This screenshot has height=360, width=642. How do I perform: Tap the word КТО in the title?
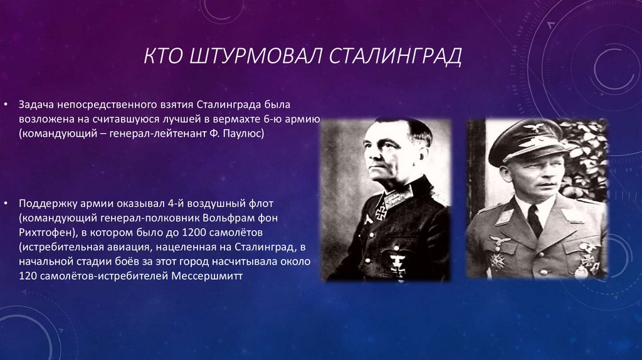(162, 56)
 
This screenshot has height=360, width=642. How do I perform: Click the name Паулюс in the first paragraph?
(245, 134)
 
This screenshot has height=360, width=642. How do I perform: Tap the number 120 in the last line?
(28, 275)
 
